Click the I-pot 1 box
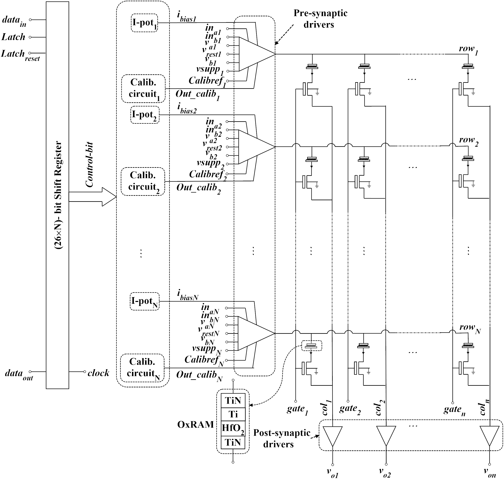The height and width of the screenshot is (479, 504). click(144, 23)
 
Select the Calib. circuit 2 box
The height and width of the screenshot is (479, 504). click(143, 181)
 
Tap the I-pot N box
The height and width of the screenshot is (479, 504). click(144, 302)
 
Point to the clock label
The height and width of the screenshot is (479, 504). click(98, 373)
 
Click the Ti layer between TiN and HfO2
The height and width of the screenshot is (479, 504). click(233, 414)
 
